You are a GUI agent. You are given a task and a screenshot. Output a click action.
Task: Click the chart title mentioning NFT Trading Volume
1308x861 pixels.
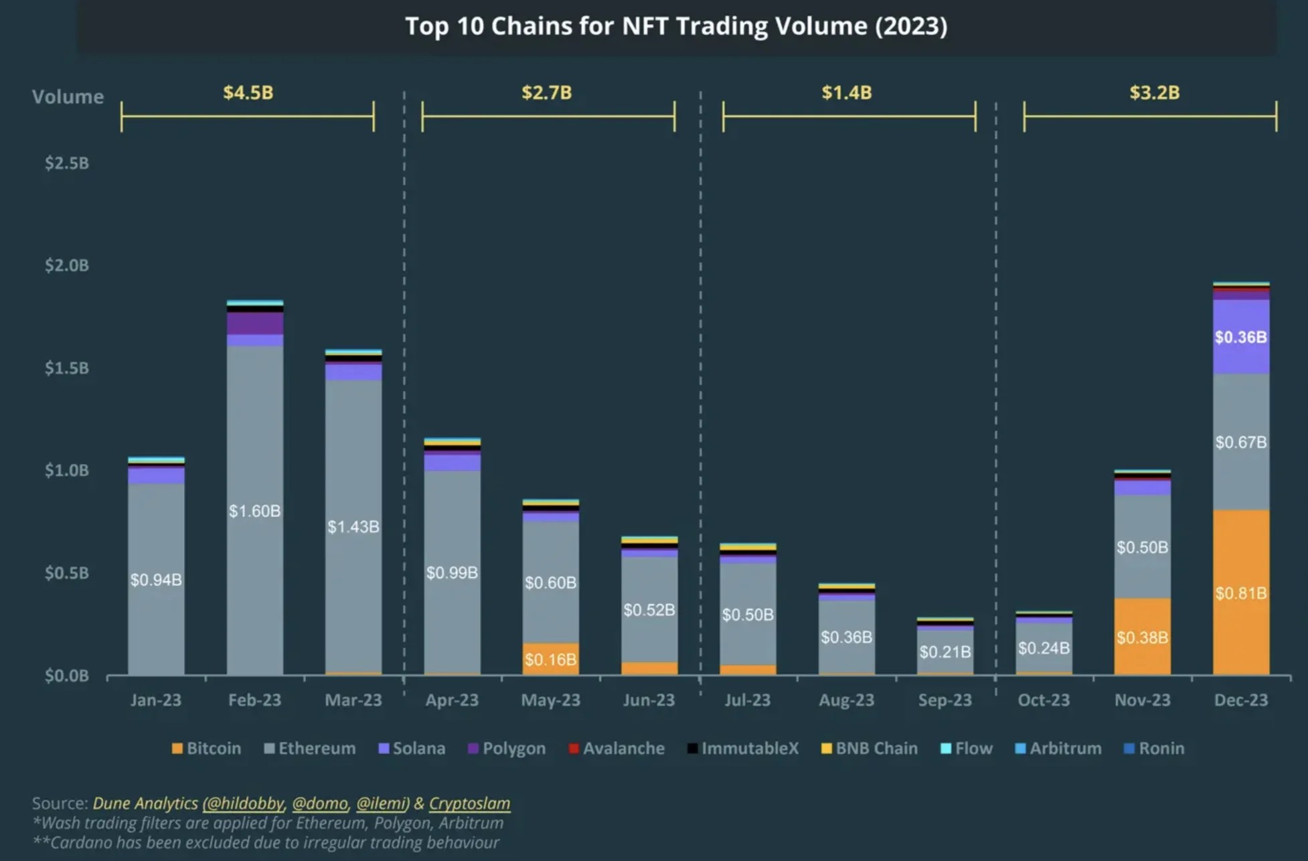pos(676,27)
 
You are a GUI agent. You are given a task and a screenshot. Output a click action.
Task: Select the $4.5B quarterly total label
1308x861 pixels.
pos(248,92)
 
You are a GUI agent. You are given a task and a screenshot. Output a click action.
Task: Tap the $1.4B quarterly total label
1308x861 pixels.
pos(846,92)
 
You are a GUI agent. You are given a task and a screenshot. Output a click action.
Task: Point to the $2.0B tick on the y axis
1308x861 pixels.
pos(66,265)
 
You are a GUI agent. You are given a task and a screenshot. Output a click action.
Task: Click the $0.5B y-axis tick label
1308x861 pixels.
pos(66,573)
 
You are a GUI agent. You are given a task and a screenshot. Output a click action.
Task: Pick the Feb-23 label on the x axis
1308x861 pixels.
pos(254,700)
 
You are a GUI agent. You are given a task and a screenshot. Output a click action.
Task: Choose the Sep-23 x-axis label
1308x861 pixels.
pos(945,700)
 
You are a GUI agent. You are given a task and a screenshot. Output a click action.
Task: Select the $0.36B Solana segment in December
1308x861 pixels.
pos(1240,337)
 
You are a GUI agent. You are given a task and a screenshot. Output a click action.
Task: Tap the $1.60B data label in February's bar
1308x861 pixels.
pos(254,511)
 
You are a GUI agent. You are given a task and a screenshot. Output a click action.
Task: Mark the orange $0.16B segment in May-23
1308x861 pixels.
pos(550,659)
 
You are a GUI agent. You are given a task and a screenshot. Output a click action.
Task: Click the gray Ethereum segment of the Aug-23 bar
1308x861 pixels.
pos(846,636)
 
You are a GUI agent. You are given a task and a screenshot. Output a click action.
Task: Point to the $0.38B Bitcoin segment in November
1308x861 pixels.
pos(1142,637)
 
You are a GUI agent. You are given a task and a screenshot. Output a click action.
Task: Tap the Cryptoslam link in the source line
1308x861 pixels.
pos(469,803)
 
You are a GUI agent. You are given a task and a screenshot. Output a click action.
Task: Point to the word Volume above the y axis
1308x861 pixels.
pos(68,97)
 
